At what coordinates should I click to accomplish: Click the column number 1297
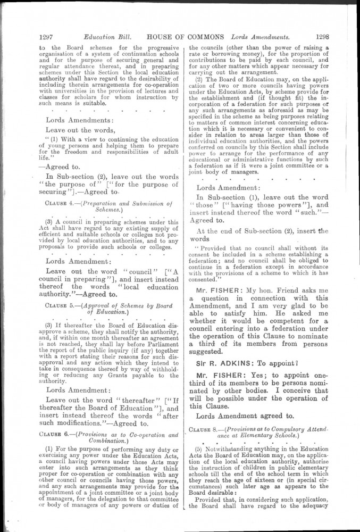tap(49, 37)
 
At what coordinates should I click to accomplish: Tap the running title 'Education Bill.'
tap(105, 37)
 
